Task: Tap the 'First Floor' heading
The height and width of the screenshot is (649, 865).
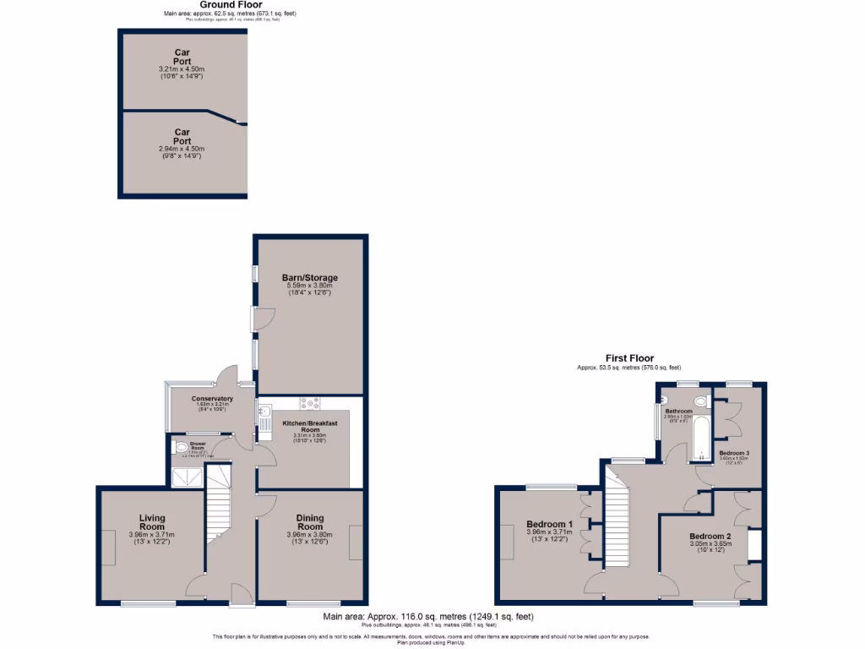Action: click(628, 358)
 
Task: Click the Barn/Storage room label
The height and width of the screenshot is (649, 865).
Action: click(309, 277)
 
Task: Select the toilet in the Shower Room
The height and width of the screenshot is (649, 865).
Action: click(179, 448)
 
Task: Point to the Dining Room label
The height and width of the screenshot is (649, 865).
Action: click(309, 522)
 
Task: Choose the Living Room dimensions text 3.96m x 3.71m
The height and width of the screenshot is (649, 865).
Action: click(152, 535)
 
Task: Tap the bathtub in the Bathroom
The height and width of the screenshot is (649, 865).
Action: click(700, 439)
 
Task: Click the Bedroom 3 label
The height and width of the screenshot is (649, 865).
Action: click(734, 453)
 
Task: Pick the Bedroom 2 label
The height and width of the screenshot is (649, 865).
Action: click(710, 537)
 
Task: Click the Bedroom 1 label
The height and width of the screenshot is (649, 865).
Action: click(549, 524)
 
